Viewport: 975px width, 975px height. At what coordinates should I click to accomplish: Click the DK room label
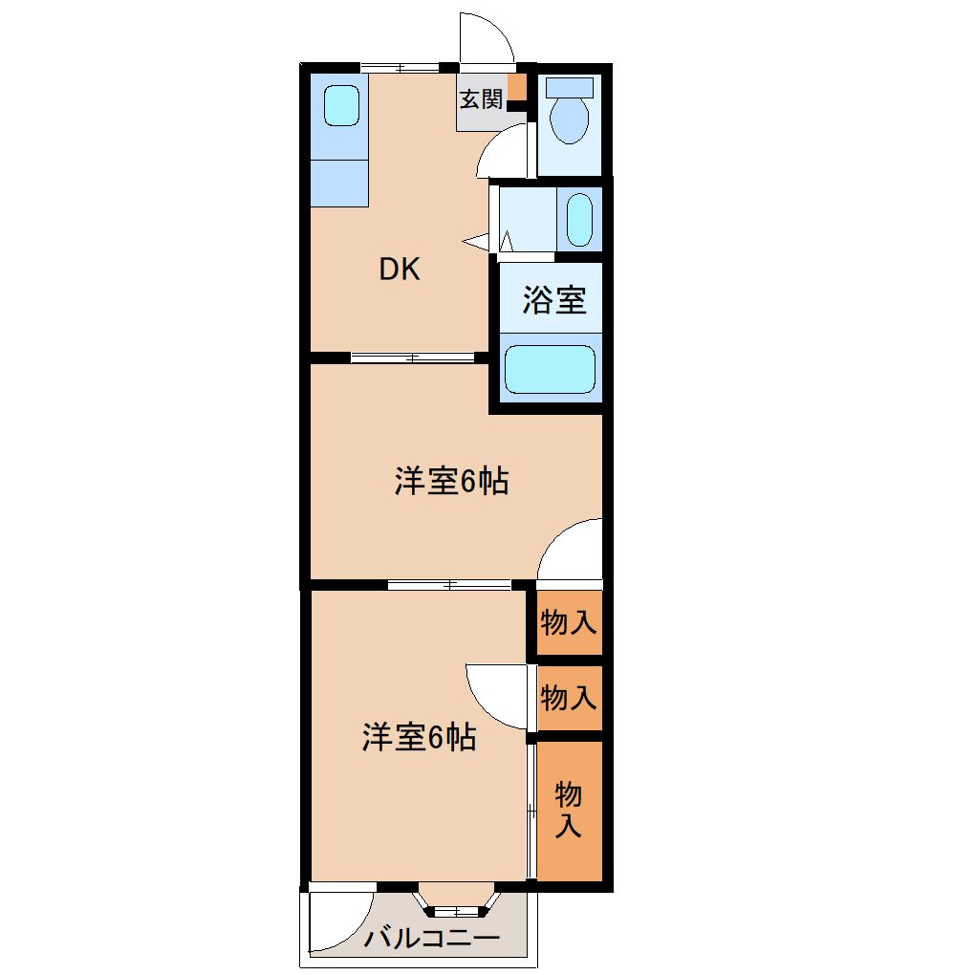coord(400,270)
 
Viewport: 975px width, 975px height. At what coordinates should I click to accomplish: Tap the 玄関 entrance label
coord(481,98)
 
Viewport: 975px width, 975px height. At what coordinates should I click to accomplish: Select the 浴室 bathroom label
coord(554,299)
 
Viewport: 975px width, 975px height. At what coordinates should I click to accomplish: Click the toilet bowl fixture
coord(570,112)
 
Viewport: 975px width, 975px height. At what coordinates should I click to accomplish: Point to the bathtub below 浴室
coord(550,369)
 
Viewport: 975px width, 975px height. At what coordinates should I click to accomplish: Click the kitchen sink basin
coord(341,105)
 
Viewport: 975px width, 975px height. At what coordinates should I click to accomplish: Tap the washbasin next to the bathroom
coord(579,220)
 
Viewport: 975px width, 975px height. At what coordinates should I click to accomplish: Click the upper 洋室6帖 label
coord(451,481)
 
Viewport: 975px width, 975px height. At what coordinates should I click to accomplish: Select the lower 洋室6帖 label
coord(419,737)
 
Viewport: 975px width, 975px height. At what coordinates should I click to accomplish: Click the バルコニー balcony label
coord(431,937)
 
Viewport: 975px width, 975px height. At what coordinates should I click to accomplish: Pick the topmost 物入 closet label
coord(569,622)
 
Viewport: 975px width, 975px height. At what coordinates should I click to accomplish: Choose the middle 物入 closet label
coord(569,697)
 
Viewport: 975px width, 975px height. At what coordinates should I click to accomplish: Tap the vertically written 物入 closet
coord(569,810)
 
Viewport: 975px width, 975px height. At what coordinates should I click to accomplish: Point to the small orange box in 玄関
coord(517,87)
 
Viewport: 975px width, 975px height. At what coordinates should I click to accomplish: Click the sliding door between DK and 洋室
coord(413,357)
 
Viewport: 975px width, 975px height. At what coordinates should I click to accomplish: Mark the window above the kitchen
coord(400,67)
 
